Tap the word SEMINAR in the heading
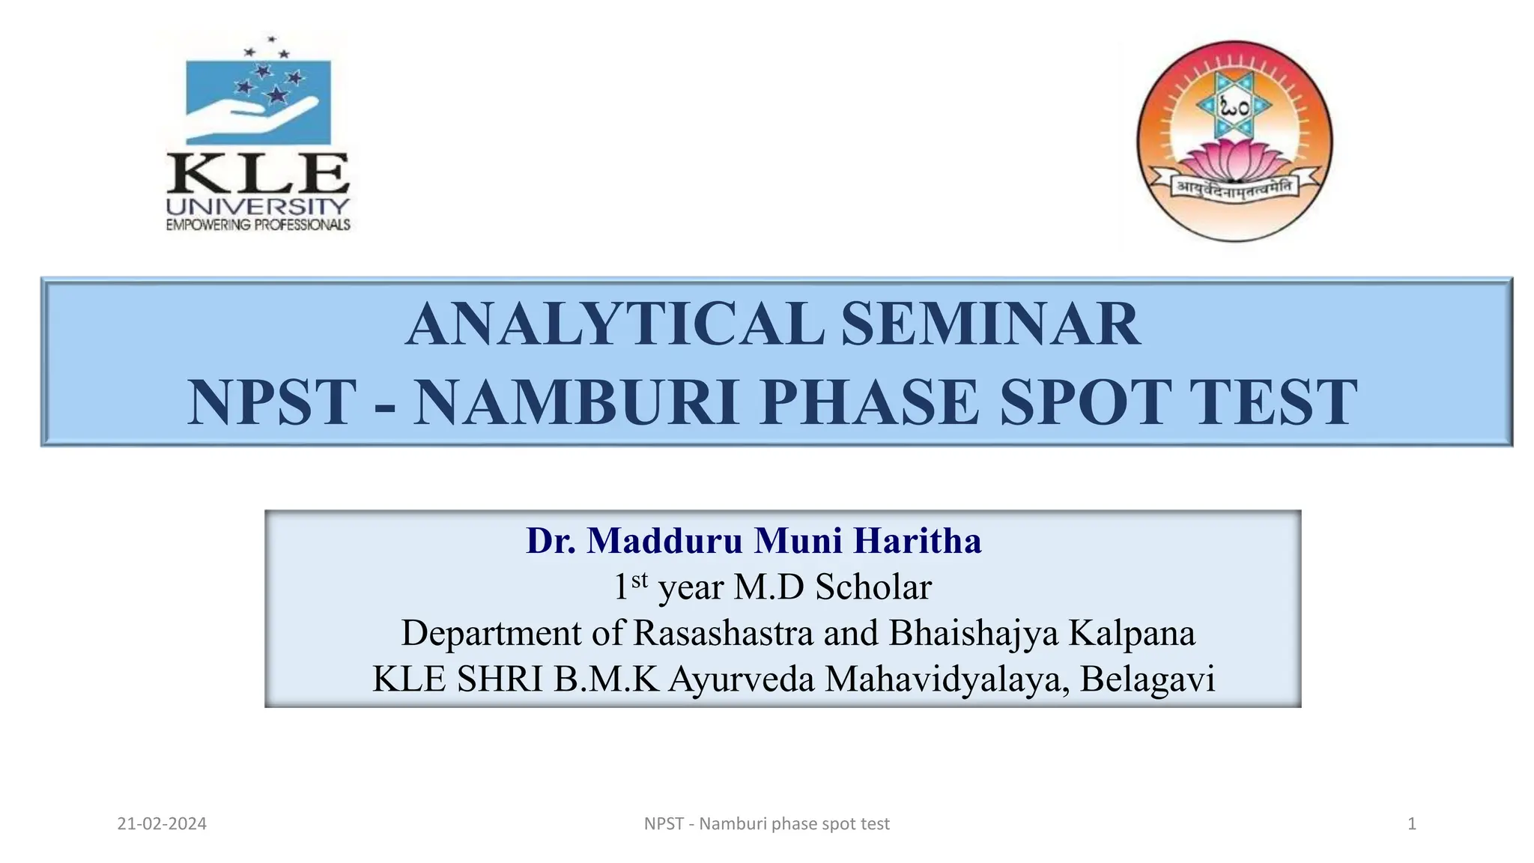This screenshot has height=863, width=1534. click(990, 324)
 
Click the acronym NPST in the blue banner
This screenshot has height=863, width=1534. click(271, 403)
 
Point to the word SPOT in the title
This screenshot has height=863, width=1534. click(1086, 403)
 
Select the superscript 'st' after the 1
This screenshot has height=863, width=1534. click(639, 579)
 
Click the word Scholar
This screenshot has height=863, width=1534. click(873, 587)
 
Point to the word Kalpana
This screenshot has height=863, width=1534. click(1132, 633)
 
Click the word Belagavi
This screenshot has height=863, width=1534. click(1148, 679)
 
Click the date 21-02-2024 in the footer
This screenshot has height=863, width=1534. click(162, 824)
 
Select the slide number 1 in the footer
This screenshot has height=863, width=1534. click(1412, 824)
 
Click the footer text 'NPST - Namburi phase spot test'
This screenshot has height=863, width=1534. click(766, 824)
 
